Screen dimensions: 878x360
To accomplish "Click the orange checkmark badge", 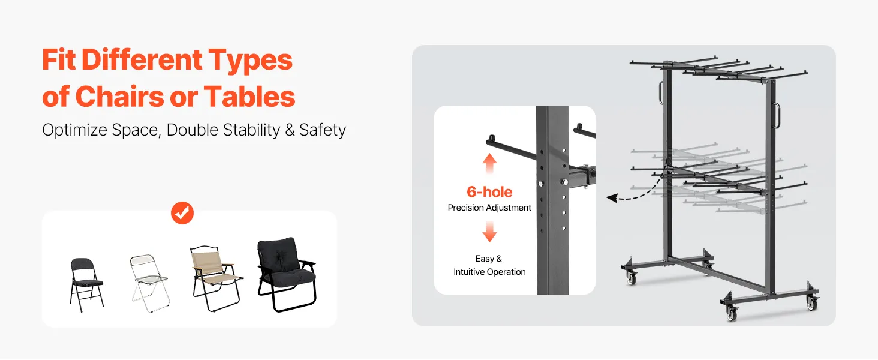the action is click(182, 213).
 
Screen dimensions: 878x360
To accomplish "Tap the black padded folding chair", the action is click(86, 285).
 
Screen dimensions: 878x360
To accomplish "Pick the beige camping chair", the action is click(216, 278).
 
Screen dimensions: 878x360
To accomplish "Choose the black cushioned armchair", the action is click(287, 274).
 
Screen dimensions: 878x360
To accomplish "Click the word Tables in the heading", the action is click(249, 97).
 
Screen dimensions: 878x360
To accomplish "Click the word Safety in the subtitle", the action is click(323, 130).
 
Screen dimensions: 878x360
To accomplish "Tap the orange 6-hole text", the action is click(489, 192).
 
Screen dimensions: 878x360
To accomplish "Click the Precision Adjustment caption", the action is click(489, 208).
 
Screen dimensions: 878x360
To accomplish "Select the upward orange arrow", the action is click(489, 163).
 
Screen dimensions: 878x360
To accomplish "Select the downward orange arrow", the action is click(489, 232).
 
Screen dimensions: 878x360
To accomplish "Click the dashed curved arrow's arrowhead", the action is click(612, 198).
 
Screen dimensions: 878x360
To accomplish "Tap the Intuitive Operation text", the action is click(489, 272).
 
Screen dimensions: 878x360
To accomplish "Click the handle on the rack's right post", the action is click(777, 115).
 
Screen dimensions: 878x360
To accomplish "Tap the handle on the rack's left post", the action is click(661, 92).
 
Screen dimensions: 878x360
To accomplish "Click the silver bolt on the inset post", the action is click(564, 182).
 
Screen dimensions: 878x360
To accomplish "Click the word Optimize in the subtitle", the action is click(74, 130).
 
